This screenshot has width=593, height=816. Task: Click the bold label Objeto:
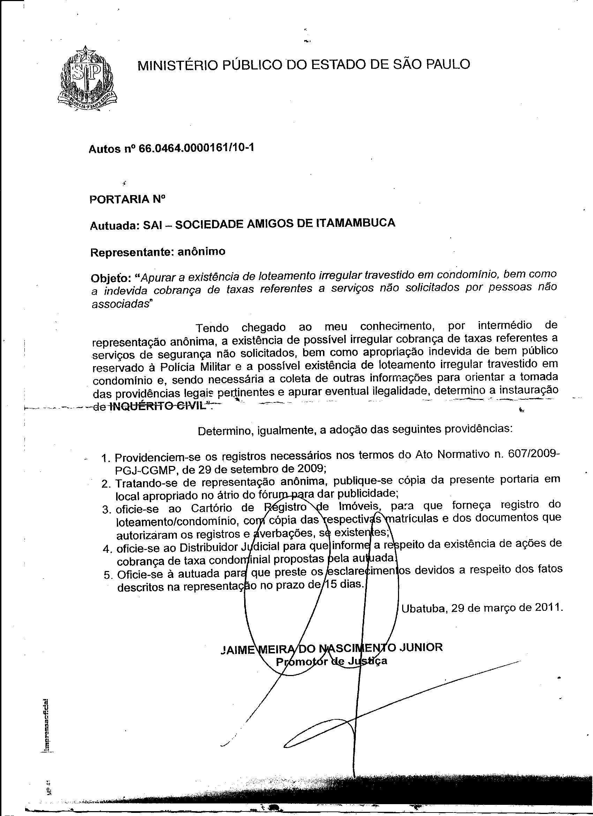tap(110, 279)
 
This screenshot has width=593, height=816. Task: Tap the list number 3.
tap(106, 510)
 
